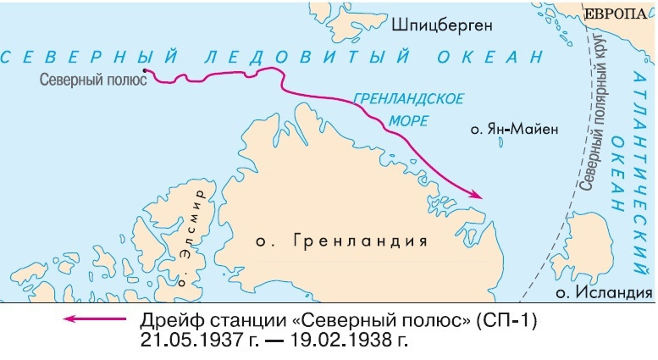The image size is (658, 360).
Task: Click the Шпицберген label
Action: point(441,26)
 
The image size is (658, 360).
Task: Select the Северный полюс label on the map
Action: point(93,80)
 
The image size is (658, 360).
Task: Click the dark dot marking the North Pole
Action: point(145,71)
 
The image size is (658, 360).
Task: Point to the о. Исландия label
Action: point(604,292)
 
